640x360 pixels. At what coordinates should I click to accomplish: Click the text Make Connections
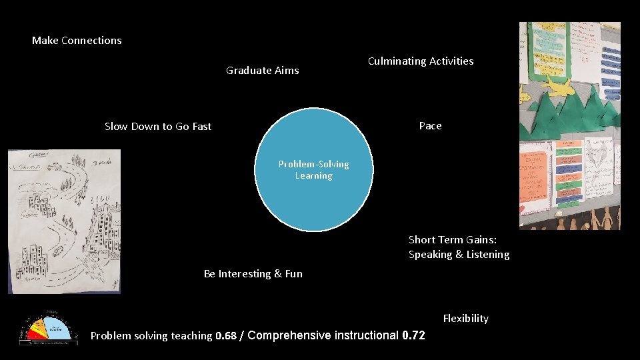77,41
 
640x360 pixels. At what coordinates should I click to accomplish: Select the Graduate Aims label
263,70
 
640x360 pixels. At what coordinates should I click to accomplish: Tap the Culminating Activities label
421,61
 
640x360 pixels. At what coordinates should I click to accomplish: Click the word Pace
430,126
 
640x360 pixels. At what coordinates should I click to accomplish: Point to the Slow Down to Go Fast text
158,127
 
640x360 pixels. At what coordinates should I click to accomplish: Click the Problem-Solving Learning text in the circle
313,170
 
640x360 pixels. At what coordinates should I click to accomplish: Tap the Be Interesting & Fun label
253,274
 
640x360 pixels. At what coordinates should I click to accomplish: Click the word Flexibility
465,319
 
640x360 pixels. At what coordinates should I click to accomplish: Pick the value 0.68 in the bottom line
226,336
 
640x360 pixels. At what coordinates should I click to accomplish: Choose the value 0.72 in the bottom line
413,335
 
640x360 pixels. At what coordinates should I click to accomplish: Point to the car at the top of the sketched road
54,167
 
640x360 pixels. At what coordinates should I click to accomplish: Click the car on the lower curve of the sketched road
57,251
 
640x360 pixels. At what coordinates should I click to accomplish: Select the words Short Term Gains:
453,240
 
